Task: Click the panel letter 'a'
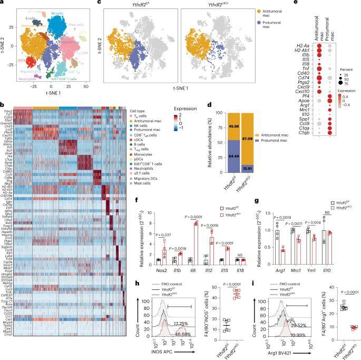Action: [3, 3]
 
